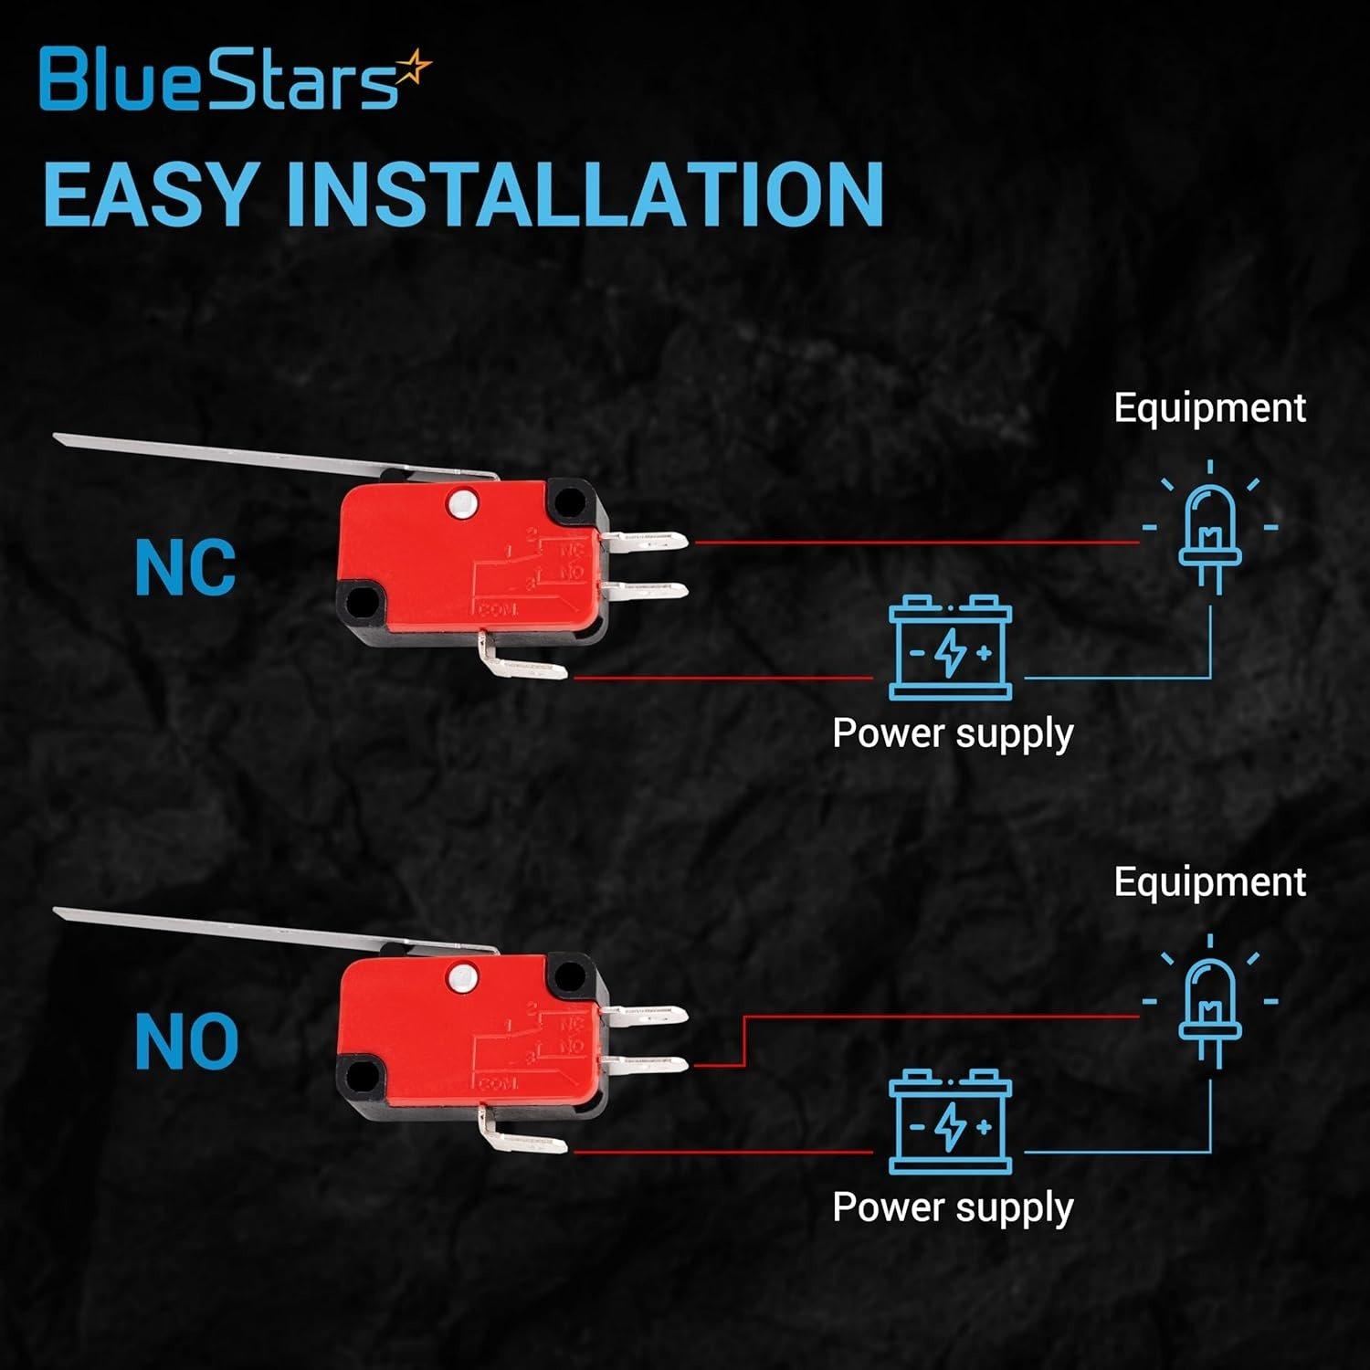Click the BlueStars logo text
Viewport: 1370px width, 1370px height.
pos(219,79)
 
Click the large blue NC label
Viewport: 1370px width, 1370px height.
pos(185,567)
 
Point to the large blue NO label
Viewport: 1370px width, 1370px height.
pos(186,1042)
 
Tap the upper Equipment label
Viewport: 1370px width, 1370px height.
pos(1209,407)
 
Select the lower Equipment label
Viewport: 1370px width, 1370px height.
pos(1209,881)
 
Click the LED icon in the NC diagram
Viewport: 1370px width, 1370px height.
pos(1210,534)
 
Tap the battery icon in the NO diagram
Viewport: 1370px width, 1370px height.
pos(951,1122)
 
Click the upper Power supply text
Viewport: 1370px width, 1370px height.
pos(953,734)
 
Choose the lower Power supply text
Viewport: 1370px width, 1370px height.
pos(953,1208)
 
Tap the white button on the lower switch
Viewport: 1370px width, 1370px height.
pos(463,977)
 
